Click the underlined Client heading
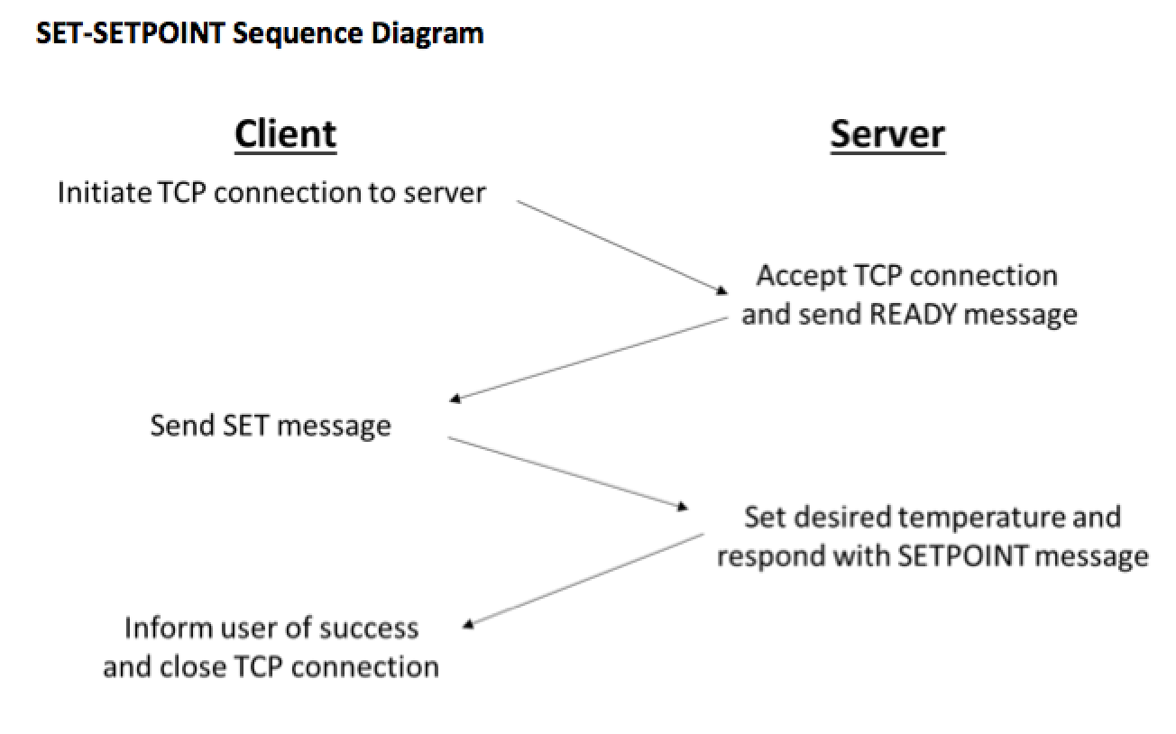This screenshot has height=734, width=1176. [285, 135]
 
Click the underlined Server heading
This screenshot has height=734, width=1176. [887, 135]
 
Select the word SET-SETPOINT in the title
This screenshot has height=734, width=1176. [130, 33]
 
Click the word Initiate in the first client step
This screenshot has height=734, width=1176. [105, 192]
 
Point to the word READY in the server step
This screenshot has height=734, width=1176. [913, 315]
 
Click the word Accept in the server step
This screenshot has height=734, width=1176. [801, 277]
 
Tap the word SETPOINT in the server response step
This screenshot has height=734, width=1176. [961, 556]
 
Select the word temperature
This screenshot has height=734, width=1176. [980, 518]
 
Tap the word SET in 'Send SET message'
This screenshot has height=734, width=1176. [245, 426]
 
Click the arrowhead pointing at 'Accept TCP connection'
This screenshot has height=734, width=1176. [722, 290]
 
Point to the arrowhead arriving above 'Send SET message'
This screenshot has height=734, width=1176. [455, 399]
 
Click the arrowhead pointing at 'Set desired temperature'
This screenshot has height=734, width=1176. [682, 507]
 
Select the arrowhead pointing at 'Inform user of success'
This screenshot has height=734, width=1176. [468, 624]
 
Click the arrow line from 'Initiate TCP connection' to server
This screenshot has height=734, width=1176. [622, 246]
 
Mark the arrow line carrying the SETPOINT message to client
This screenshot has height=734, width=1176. [583, 580]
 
